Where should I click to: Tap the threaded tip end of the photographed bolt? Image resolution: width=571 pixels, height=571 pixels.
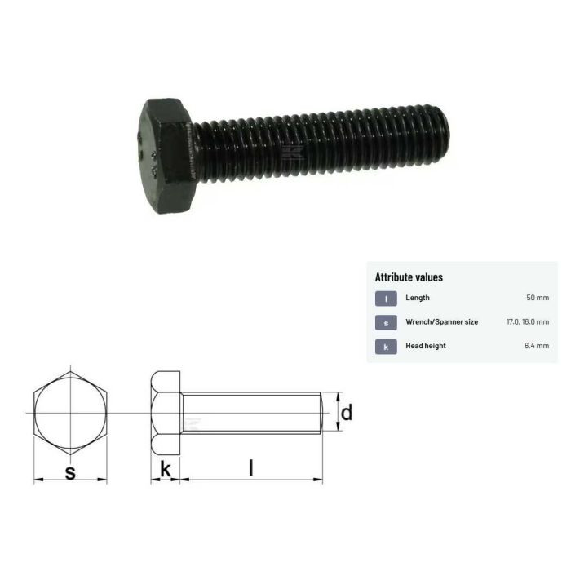[441, 131]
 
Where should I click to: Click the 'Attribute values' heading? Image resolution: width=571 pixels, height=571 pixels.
[409, 277]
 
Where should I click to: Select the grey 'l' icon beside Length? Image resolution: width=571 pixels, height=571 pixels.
[386, 299]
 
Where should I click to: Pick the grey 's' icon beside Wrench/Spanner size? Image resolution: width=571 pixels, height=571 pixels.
[386, 322]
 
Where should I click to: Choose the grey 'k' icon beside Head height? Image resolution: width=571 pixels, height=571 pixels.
[386, 346]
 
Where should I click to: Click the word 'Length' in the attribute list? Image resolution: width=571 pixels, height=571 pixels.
[418, 299]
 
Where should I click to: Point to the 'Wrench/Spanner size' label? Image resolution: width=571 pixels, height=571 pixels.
[441, 322]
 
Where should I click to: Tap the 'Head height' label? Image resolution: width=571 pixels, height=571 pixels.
[426, 346]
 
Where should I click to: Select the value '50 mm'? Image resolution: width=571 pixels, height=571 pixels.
[538, 299]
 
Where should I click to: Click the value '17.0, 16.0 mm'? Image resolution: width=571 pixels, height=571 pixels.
[528, 322]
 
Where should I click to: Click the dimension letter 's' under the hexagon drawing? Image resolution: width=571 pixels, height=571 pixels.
[70, 471]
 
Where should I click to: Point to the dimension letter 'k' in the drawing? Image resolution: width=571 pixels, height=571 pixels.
[166, 469]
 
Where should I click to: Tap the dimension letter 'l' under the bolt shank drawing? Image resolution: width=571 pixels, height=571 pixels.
[251, 468]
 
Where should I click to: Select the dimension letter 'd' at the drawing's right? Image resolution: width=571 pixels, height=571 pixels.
[347, 413]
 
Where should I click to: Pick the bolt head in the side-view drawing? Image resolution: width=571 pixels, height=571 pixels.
[166, 413]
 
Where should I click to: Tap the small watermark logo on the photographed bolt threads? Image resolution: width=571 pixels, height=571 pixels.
[287, 152]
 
